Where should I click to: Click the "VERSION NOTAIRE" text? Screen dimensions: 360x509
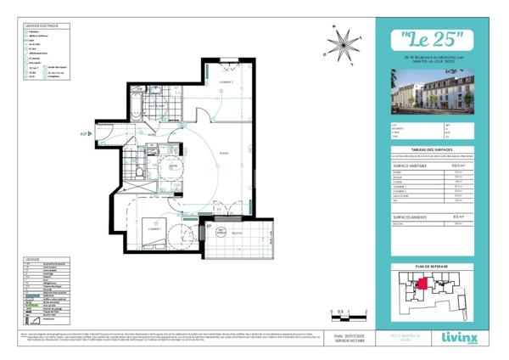tap(345, 342)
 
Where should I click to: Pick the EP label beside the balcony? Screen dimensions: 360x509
tap(209, 227)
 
